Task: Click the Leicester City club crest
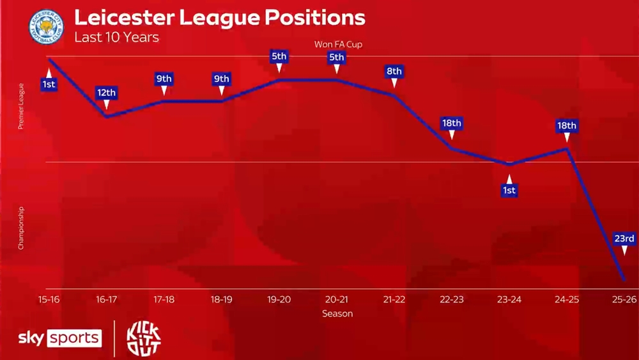[47, 27]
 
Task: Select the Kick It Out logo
[144, 338]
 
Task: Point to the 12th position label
[106, 93]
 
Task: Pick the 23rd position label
[624, 239]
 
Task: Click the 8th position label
[394, 71]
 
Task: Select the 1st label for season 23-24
[509, 190]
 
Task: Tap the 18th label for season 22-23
[452, 123]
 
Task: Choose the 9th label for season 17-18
[164, 79]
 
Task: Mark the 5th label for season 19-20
[279, 56]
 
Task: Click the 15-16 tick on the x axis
[49, 299]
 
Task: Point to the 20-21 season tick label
[337, 299]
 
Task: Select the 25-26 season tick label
[624, 299]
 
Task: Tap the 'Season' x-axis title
[337, 313]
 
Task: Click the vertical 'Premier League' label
[21, 106]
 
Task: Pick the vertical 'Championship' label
[21, 228]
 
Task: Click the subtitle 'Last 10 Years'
[116, 36]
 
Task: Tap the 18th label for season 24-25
[566, 126]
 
